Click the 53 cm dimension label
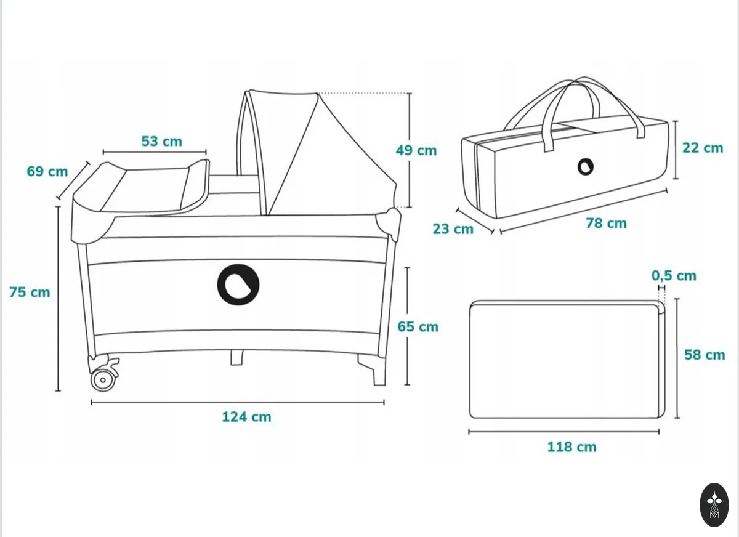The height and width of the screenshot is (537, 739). point(161,141)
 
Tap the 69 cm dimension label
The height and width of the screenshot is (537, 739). point(47,171)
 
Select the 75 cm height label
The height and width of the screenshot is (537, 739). point(30,293)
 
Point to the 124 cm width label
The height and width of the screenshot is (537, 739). point(246,417)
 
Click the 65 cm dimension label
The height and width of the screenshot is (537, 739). point(418,326)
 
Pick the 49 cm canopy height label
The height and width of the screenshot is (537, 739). point(416,150)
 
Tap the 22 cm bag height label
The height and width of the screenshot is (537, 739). point(703,148)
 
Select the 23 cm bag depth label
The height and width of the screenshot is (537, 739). point(453,229)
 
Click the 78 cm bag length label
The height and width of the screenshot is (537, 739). point(606,224)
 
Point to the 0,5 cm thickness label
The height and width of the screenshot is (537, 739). point(674,276)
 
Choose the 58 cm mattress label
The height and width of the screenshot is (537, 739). point(705,355)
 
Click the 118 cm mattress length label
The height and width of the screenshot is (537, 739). point(571,447)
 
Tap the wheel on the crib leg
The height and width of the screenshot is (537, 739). point(103,380)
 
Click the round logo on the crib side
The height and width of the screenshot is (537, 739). point(238,285)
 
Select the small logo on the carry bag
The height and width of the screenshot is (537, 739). point(585,167)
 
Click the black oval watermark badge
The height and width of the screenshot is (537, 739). point(714,505)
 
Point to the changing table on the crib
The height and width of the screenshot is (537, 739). point(141,187)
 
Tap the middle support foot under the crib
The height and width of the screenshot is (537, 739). point(236,358)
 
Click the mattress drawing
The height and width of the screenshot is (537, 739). point(567,359)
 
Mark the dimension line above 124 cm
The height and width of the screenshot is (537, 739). point(238,402)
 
